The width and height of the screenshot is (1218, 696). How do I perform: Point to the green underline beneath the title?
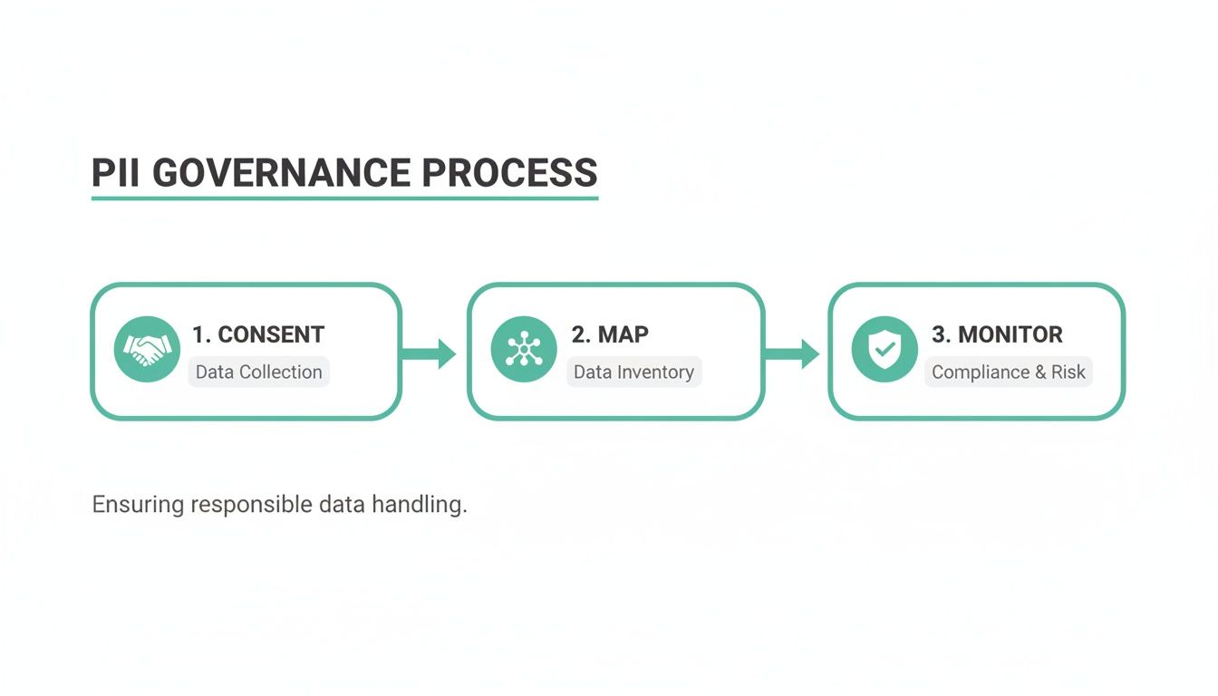(x=344, y=197)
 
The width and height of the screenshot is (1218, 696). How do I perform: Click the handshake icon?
(x=147, y=350)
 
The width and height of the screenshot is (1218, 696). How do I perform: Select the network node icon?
(x=524, y=350)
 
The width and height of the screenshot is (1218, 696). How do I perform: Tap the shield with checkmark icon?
(x=884, y=350)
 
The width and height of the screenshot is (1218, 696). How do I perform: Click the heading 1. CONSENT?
(x=258, y=334)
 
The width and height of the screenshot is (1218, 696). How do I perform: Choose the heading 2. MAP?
(x=610, y=334)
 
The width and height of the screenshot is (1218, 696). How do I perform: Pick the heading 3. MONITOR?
(x=997, y=334)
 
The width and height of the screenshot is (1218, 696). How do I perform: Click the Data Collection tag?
(x=259, y=372)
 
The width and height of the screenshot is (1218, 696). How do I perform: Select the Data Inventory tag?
(x=633, y=372)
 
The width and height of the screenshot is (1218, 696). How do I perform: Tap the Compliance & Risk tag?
(x=1008, y=372)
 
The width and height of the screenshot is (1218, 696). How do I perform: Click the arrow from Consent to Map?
(x=430, y=353)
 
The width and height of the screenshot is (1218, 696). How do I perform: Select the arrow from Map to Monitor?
(x=793, y=353)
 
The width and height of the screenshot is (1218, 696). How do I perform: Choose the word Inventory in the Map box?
(x=655, y=372)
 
